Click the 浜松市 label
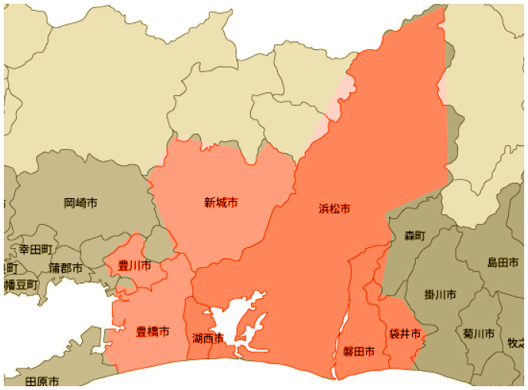point(335,209)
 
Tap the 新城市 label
point(220,203)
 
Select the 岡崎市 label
point(81,203)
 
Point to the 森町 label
point(414,236)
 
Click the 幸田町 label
point(35,250)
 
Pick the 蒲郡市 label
point(66,268)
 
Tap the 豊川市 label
point(134,266)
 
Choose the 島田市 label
point(503,263)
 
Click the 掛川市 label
point(440,294)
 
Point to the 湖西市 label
point(208,338)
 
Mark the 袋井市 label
point(404,334)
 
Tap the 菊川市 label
point(479,334)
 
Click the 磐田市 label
point(359,352)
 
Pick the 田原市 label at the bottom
point(42,382)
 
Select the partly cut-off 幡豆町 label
point(20,285)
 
